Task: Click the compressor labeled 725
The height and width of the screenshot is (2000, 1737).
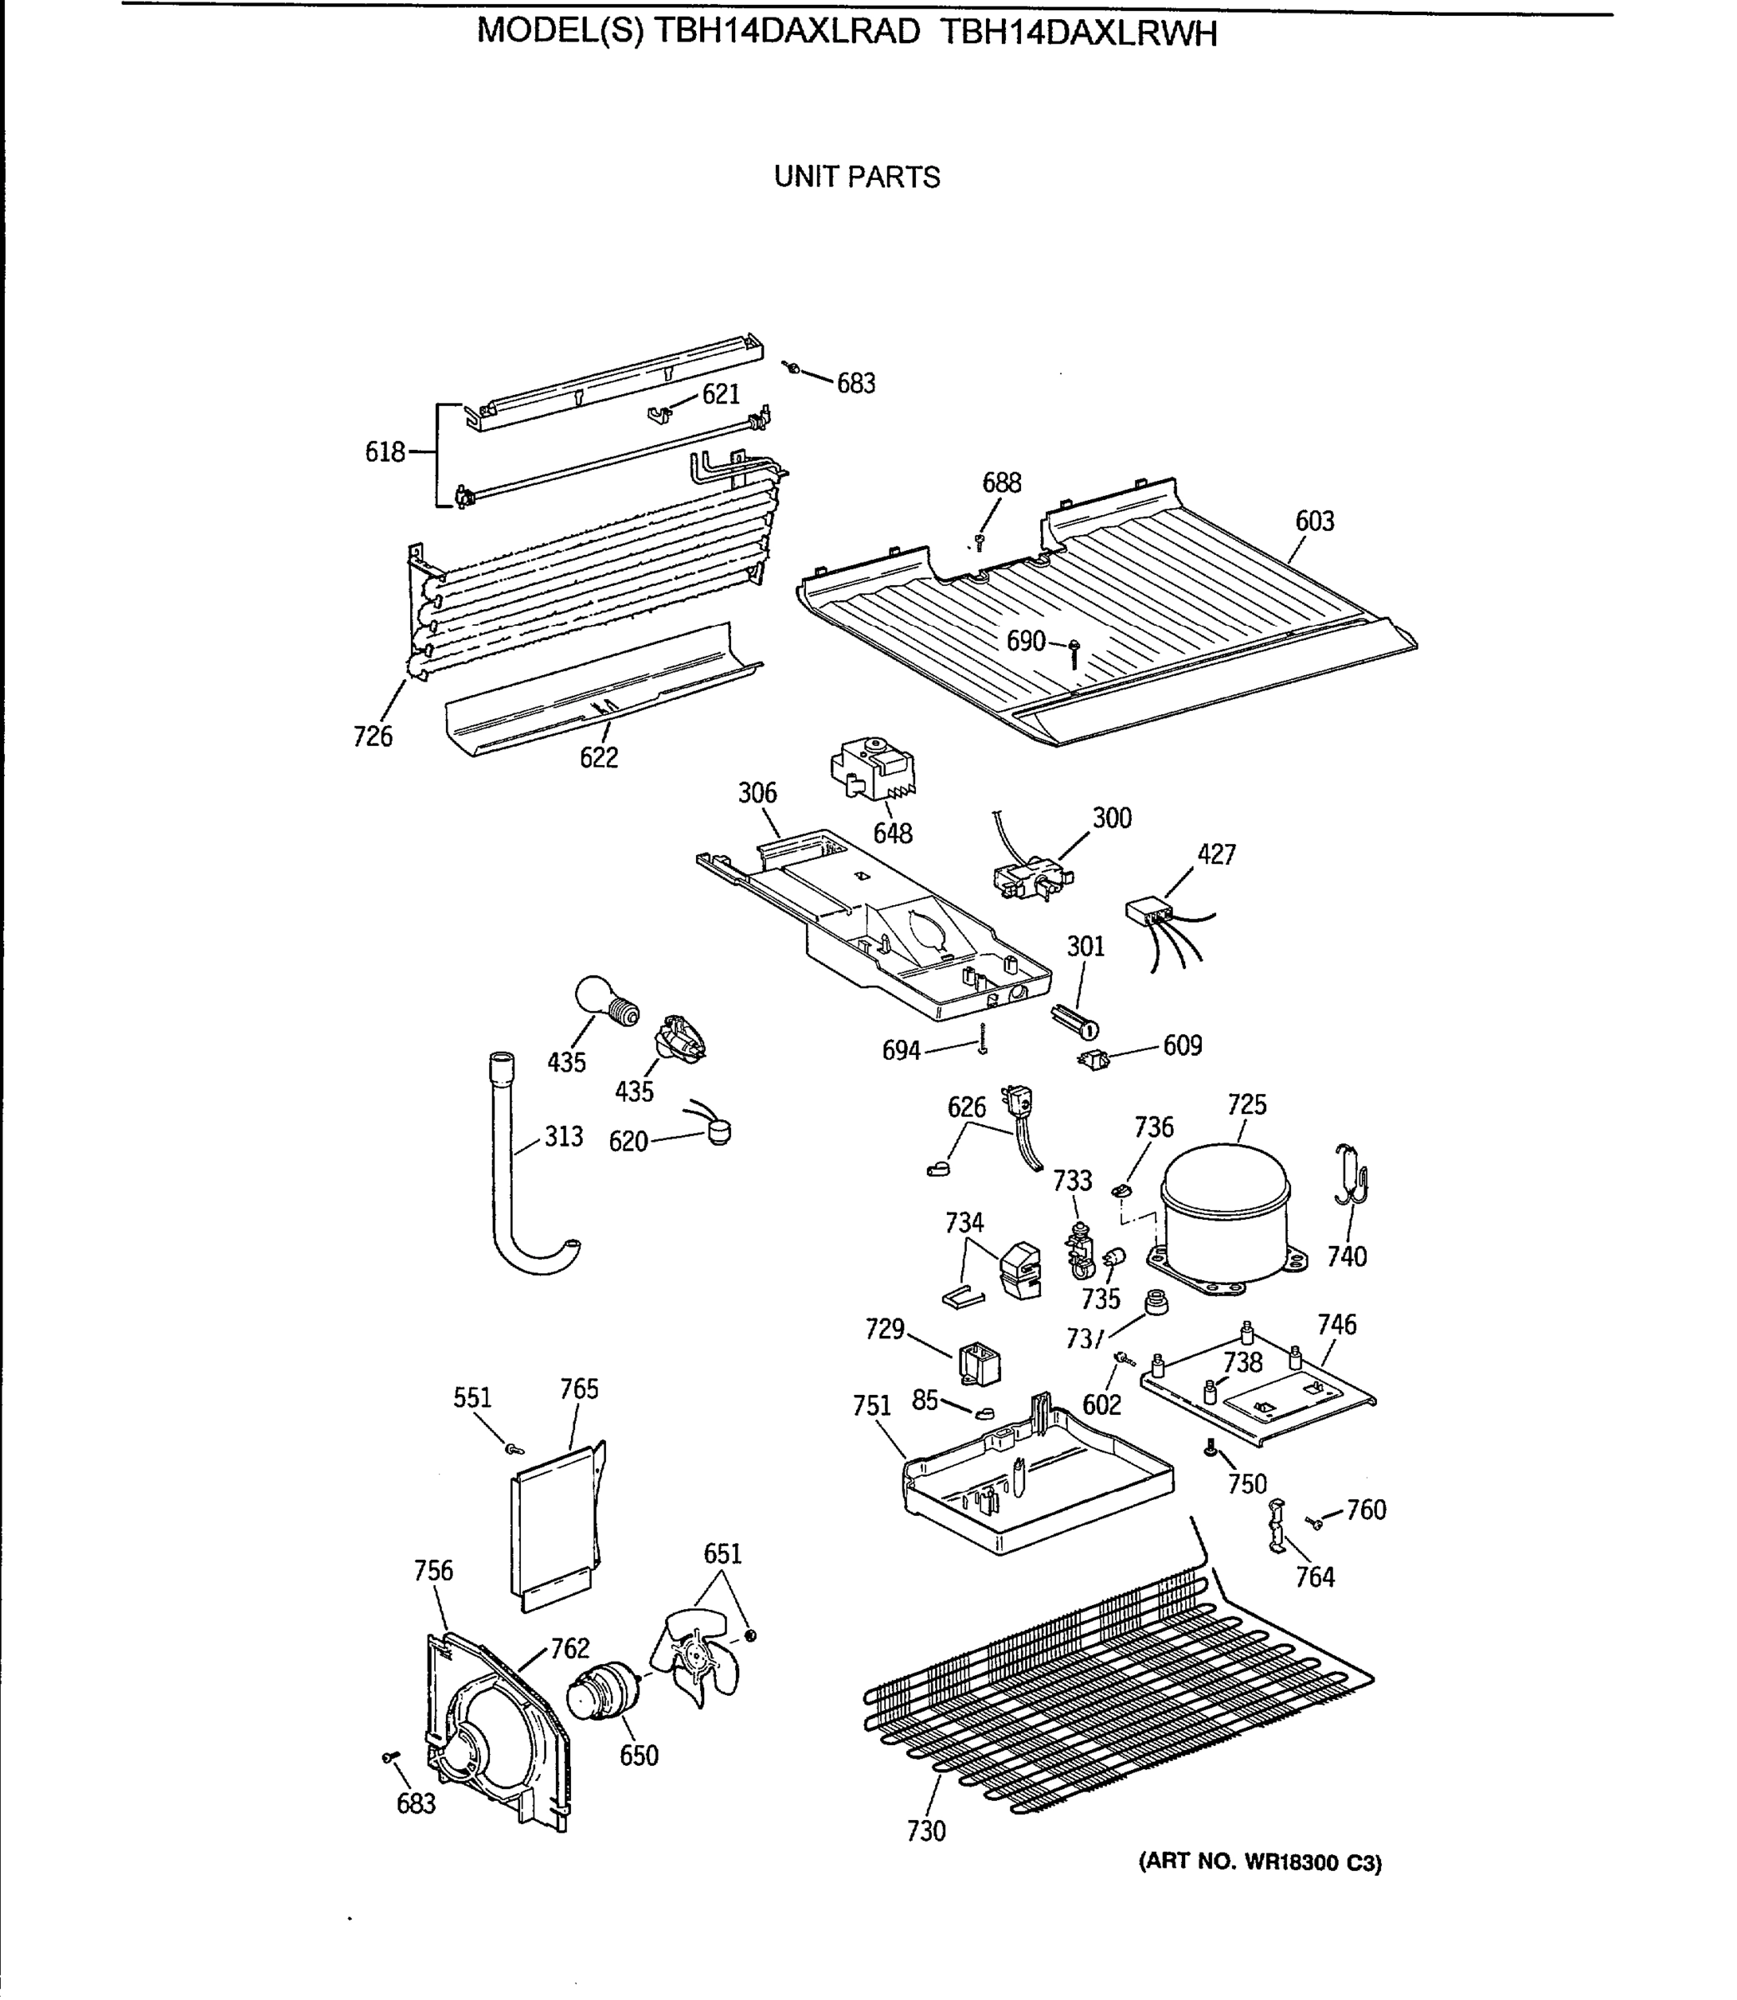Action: tap(1225, 1216)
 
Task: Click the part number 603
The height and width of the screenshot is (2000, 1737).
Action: tap(1314, 522)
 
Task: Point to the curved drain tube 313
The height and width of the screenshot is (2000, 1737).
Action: tap(513, 1192)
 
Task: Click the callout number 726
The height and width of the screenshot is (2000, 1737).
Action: tap(373, 737)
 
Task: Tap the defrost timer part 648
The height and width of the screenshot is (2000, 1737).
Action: tap(873, 770)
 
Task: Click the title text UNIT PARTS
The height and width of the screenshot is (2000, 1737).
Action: tap(857, 177)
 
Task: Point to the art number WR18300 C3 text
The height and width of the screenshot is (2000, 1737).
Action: tap(1260, 1862)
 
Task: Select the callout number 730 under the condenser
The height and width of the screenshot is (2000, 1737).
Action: tap(926, 1831)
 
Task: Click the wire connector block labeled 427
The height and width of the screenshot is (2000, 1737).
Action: tap(1147, 912)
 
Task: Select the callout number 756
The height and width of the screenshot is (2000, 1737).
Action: tap(433, 1571)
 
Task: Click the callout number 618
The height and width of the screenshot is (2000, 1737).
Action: tap(384, 452)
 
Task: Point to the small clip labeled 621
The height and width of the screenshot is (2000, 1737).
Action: tap(660, 414)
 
